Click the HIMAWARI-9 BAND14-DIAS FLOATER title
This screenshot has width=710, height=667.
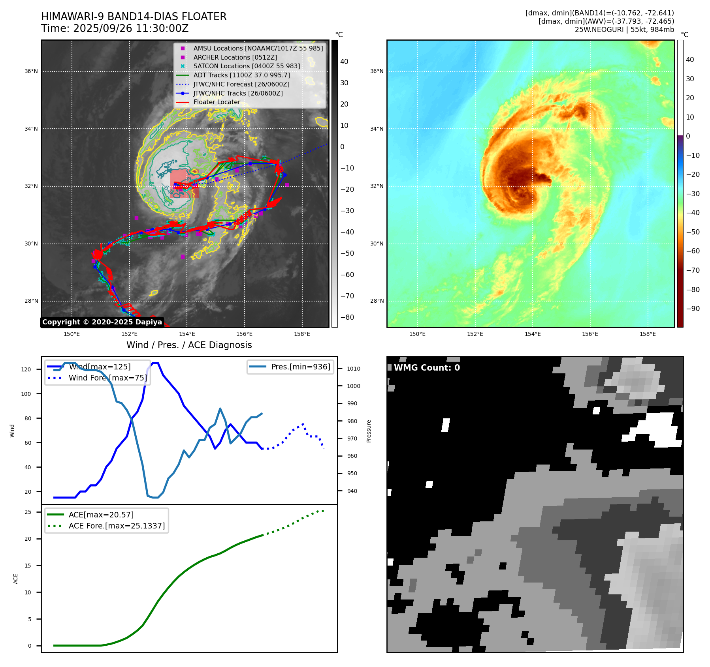(x=134, y=17)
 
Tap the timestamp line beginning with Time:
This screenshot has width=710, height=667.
(x=115, y=28)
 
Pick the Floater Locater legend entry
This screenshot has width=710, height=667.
(x=217, y=102)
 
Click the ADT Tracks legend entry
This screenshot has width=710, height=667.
(x=241, y=75)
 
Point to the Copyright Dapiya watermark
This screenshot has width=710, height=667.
(x=102, y=322)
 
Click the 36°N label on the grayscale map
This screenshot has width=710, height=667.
(x=31, y=71)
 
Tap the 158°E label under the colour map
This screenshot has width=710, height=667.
(x=648, y=334)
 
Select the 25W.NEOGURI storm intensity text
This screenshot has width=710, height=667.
(x=624, y=30)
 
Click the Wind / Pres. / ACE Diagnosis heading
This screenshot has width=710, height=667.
(x=189, y=345)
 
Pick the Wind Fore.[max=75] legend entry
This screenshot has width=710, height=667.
(x=107, y=378)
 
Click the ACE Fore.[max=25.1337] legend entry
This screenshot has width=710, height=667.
(x=116, y=526)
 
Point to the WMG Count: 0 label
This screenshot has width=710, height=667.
(x=427, y=367)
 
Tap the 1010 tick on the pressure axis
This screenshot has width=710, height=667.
(x=354, y=369)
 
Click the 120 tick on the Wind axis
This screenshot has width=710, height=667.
(x=26, y=369)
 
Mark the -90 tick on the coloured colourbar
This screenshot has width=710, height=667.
(x=693, y=309)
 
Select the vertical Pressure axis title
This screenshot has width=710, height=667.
(x=369, y=431)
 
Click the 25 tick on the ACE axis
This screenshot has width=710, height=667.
(x=28, y=512)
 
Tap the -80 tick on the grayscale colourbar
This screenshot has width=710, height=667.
(x=347, y=317)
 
